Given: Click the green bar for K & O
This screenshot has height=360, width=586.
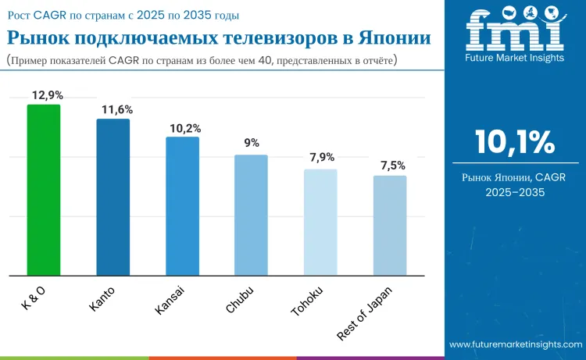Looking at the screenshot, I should (44, 190).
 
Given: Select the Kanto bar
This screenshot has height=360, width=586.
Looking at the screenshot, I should (113, 197).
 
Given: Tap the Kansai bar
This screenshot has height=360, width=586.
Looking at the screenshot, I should (182, 206).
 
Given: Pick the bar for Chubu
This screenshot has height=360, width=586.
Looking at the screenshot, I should (251, 215).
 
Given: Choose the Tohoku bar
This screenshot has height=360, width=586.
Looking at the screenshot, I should (320, 223).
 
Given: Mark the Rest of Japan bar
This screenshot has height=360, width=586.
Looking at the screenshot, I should (390, 226).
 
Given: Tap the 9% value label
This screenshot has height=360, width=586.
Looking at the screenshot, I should (251, 144).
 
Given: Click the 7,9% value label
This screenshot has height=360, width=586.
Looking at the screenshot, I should (321, 158).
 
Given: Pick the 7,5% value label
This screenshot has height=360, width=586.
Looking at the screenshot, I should (390, 165).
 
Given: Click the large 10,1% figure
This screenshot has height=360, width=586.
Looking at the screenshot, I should (514, 142).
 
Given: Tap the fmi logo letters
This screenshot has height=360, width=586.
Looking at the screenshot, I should (514, 31).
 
